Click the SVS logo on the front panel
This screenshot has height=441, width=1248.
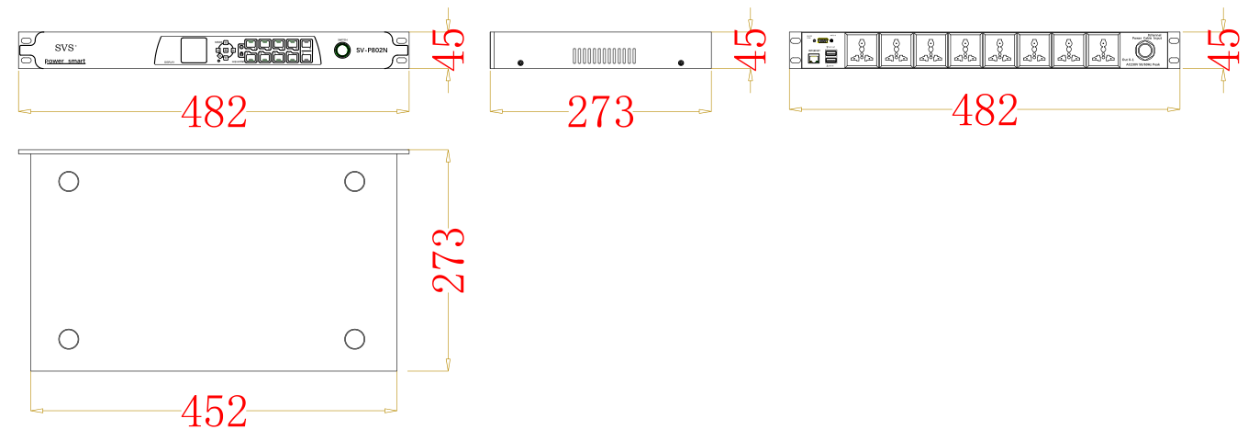click(x=65, y=47)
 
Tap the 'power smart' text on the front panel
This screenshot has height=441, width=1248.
click(x=65, y=61)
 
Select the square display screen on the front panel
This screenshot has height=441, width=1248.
click(x=194, y=51)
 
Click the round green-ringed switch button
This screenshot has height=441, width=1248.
click(x=342, y=50)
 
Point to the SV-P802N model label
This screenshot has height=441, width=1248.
click(x=375, y=51)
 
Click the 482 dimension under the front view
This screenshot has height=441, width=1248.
click(x=214, y=112)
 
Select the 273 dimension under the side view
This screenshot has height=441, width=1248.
click(x=601, y=112)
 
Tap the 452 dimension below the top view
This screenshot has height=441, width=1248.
click(x=214, y=412)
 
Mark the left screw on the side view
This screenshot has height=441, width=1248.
click(x=521, y=62)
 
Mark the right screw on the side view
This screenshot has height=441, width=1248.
click(x=680, y=62)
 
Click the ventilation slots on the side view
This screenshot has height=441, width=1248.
click(x=604, y=56)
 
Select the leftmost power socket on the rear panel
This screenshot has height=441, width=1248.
click(x=862, y=50)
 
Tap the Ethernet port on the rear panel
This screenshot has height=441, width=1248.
click(x=813, y=59)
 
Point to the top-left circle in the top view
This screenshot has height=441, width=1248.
click(x=69, y=181)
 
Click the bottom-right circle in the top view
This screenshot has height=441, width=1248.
click(x=355, y=339)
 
